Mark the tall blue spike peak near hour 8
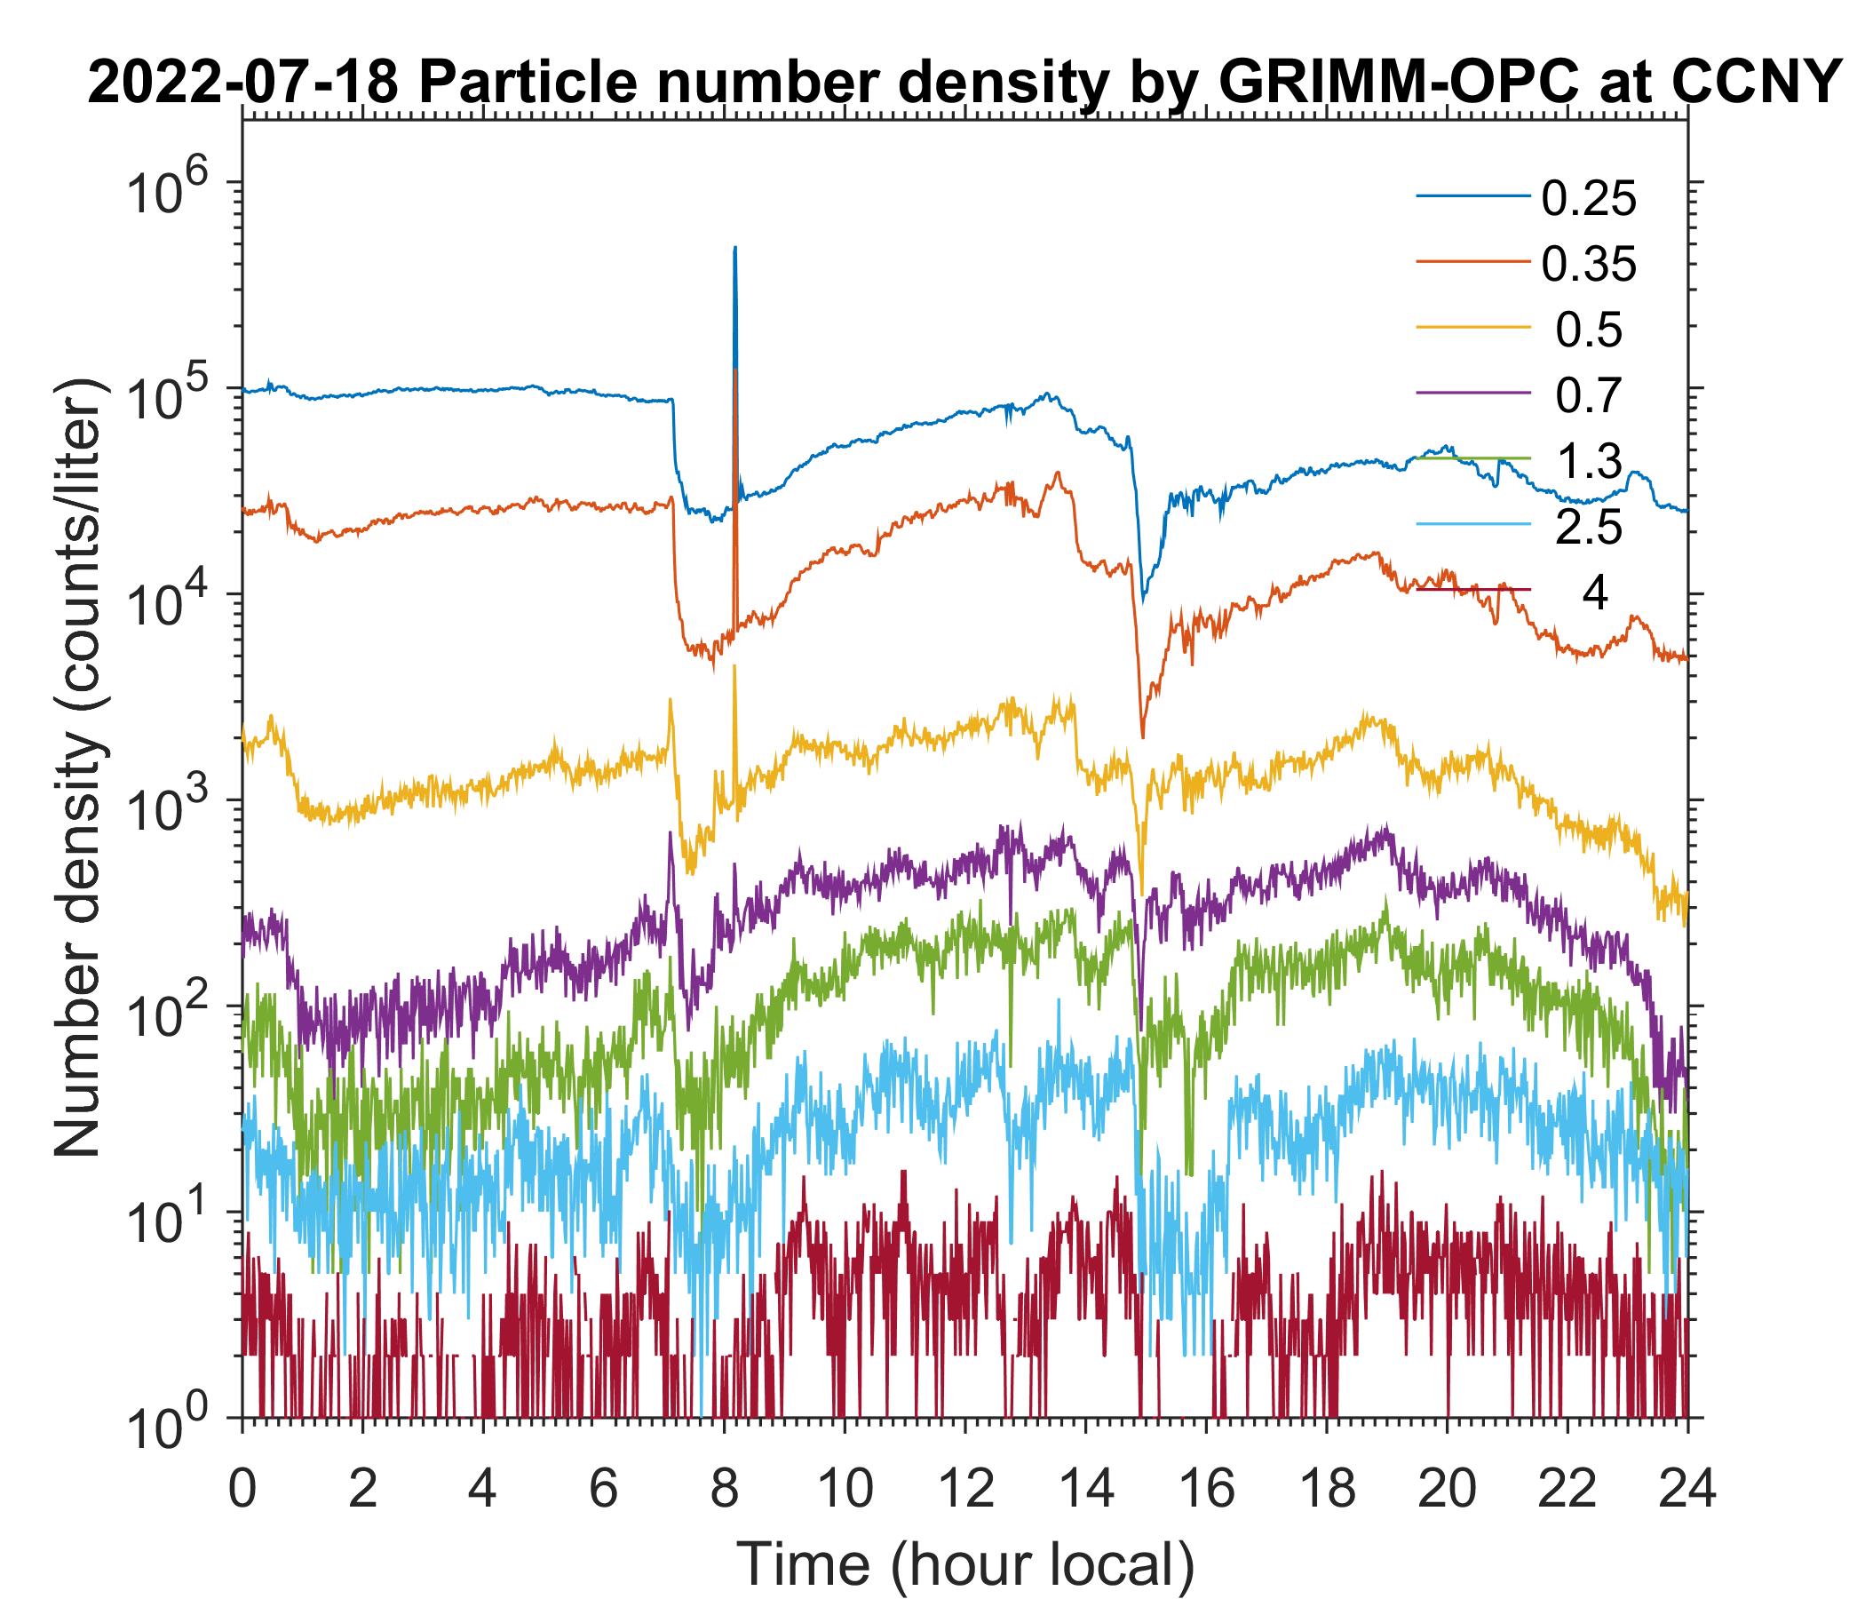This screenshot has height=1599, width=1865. pyautogui.click(x=735, y=249)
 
